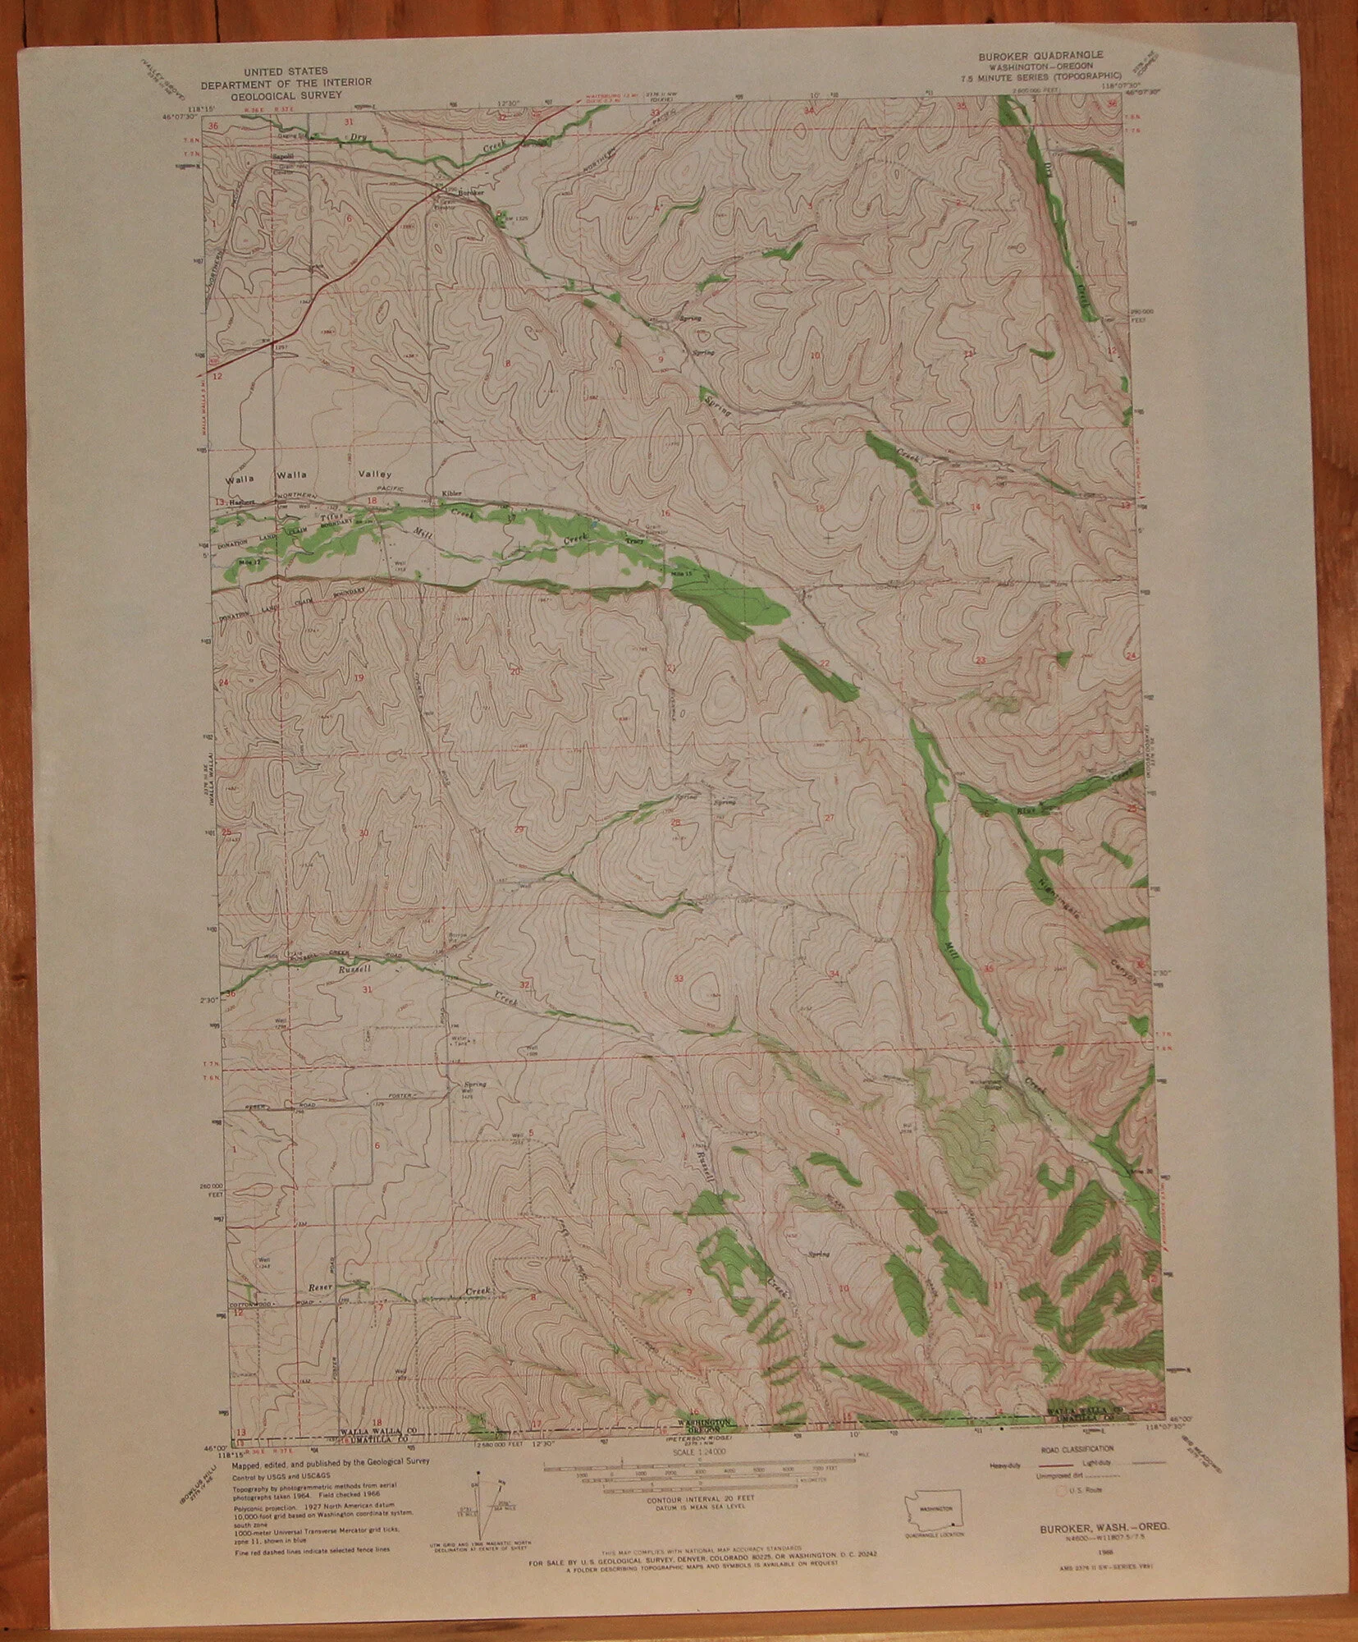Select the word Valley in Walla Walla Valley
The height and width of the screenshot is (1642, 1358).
(374, 474)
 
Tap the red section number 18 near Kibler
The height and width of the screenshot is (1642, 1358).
(372, 501)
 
